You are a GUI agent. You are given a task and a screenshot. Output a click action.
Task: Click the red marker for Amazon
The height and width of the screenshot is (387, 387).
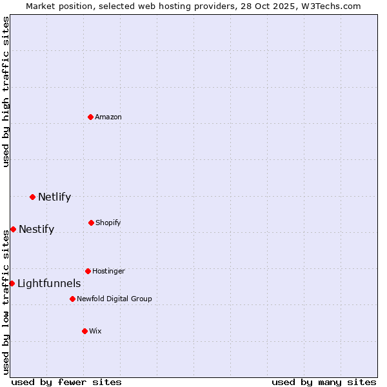[x=90, y=117]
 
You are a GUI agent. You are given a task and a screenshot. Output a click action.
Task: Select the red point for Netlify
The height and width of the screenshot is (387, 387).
[x=32, y=197]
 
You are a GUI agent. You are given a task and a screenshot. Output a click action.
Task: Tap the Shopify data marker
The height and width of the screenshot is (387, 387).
[x=91, y=223]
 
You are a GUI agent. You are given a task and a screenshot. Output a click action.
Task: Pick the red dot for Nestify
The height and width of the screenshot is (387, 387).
[x=13, y=229]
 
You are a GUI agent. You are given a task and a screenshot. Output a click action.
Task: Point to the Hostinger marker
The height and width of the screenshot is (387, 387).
[x=88, y=271]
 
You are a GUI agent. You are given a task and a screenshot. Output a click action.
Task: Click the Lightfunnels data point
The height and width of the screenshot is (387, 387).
[x=12, y=283]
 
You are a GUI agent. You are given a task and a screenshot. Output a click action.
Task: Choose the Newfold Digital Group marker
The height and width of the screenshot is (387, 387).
[x=72, y=299]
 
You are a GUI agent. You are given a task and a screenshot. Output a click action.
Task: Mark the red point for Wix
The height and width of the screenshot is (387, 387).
[x=84, y=331]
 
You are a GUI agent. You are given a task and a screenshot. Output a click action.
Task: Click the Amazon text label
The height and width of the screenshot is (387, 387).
[x=108, y=117]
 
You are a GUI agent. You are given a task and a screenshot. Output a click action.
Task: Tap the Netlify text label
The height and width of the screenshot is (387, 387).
[x=54, y=197]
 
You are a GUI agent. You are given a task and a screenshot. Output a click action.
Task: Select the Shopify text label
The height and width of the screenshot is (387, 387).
[x=108, y=223]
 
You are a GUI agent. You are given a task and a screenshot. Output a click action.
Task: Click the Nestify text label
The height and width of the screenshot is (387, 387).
[x=36, y=229]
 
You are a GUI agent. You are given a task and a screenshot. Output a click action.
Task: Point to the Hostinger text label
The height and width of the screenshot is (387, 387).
[x=108, y=271]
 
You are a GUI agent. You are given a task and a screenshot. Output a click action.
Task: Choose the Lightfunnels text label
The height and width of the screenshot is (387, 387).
[x=49, y=283]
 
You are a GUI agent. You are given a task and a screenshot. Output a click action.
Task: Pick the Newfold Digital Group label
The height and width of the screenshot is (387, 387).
[x=114, y=299]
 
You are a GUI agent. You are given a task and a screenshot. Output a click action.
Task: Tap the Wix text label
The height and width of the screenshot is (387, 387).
[x=95, y=331]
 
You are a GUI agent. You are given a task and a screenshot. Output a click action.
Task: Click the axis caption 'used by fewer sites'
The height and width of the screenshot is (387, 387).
[x=66, y=382]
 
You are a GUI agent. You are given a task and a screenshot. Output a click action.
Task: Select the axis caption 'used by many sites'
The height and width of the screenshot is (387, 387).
[x=324, y=382]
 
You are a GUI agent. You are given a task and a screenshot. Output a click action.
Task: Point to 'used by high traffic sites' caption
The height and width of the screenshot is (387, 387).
[x=6, y=92]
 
